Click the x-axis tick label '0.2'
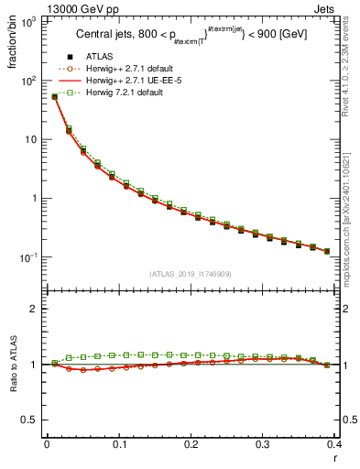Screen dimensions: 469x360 point(191,443)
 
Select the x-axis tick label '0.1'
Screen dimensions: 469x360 point(119,443)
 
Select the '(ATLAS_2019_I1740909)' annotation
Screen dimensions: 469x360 point(190,273)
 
